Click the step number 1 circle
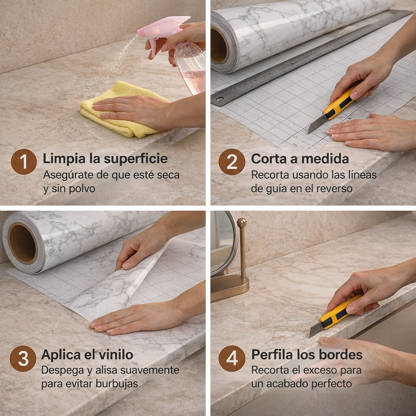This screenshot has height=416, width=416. tap(24, 161)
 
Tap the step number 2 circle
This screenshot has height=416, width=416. tap(232, 161)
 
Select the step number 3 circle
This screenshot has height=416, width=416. tap(23, 358)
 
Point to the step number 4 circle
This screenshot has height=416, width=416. tap(232, 358)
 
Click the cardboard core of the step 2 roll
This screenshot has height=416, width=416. tap(219, 45)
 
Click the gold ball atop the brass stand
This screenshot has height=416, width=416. tap(241, 223)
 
